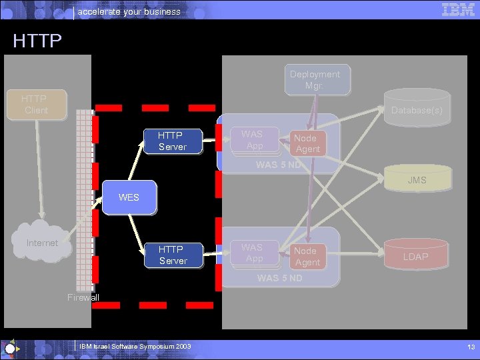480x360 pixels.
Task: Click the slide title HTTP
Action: (x=37, y=41)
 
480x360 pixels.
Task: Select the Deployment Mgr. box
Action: (x=315, y=80)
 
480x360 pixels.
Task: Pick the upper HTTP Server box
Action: (x=173, y=141)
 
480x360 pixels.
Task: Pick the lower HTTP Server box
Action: (x=173, y=255)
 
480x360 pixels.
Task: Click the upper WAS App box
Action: (x=254, y=140)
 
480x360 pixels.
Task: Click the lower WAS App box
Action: (x=254, y=253)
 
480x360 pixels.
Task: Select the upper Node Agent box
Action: (x=307, y=143)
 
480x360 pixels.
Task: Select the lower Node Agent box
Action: (x=307, y=257)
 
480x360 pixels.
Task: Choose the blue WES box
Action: (x=129, y=197)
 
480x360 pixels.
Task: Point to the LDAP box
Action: (x=415, y=257)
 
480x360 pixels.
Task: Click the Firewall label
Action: (x=83, y=297)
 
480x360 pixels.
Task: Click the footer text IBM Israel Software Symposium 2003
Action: (x=135, y=347)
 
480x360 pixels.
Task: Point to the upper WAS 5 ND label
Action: (x=279, y=165)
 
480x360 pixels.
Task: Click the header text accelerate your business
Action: (x=129, y=11)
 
